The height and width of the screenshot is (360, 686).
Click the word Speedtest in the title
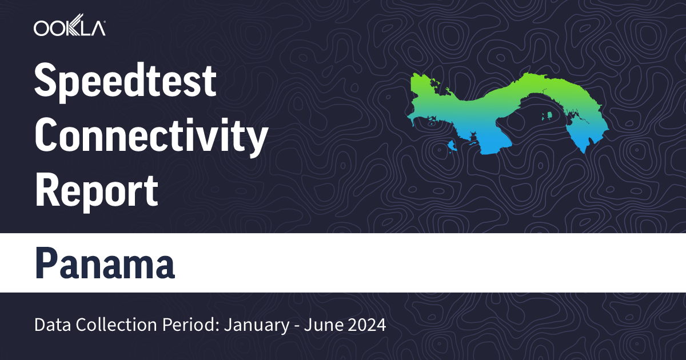tap(126, 81)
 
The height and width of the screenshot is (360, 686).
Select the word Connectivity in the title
tap(151, 135)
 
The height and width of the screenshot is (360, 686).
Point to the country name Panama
tap(105, 263)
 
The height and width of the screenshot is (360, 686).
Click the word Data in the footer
tap(50, 326)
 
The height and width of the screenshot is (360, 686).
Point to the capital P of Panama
tap(46, 263)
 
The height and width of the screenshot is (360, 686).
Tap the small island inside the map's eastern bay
tap(548, 117)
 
